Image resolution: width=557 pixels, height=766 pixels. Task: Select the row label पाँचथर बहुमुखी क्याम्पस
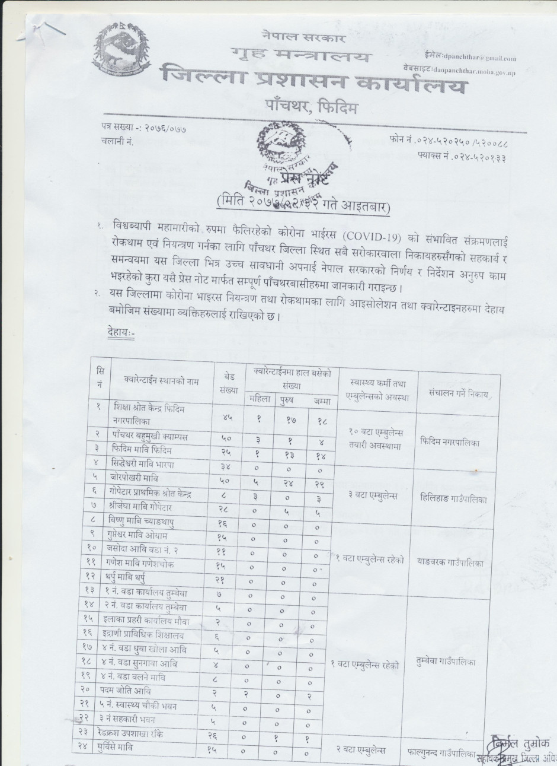(151, 437)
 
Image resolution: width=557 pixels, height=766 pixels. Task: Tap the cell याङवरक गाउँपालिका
(454, 562)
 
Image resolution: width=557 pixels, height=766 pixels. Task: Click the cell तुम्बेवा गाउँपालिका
(453, 660)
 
